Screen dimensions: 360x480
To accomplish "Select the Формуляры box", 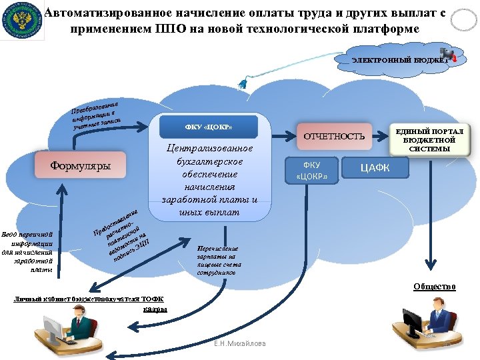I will (x=81, y=165).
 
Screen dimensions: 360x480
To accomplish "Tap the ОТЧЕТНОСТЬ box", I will (x=335, y=136).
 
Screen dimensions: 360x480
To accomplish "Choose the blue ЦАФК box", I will (x=375, y=168).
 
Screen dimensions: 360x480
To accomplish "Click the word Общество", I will (x=434, y=286).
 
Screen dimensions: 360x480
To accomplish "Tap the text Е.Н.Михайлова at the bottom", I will (x=239, y=343).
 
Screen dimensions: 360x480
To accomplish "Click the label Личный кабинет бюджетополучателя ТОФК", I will (x=89, y=299).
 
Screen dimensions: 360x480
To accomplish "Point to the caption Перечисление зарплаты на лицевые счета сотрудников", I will (x=217, y=261).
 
